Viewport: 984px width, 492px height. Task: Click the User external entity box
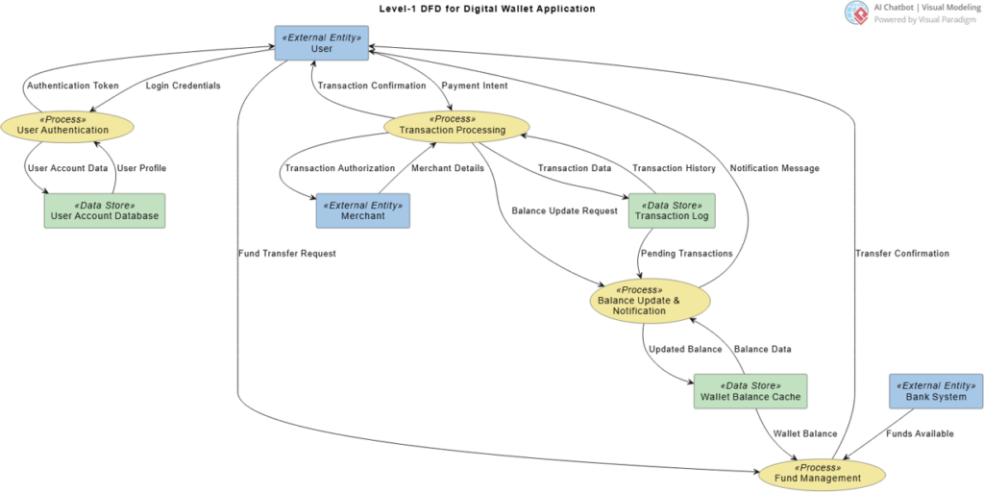(321, 43)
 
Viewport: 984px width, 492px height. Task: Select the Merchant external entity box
(362, 210)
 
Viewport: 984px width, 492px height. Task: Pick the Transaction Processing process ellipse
(452, 125)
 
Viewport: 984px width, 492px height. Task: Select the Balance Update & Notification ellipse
(651, 301)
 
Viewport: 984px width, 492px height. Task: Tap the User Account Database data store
(104, 210)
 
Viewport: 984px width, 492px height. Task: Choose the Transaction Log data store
(672, 210)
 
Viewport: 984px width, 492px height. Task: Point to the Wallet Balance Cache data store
(750, 392)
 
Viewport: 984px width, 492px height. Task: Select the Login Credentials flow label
(184, 86)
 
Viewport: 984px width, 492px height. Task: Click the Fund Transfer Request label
(287, 254)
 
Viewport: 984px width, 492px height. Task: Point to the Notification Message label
(775, 168)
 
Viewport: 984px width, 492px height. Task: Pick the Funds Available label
(920, 433)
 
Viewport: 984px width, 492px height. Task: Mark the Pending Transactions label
(686, 254)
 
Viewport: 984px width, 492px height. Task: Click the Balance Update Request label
(565, 210)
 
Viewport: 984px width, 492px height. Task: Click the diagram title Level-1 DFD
(487, 10)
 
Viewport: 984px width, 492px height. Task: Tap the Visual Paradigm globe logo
(853, 12)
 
